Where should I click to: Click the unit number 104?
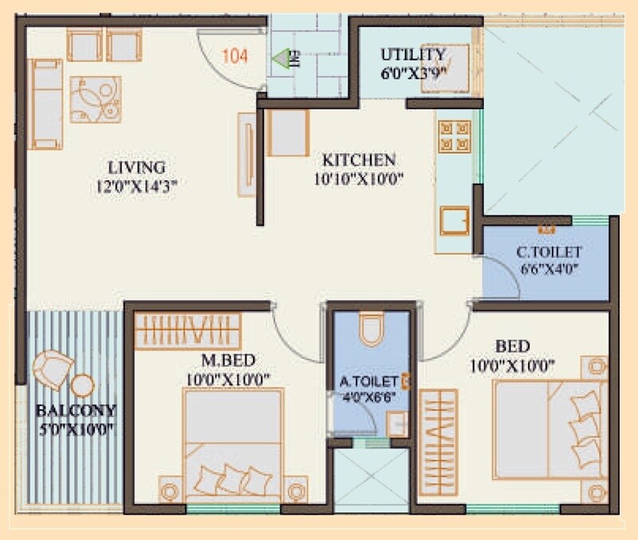click(x=234, y=56)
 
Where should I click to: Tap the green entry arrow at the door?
click(x=280, y=58)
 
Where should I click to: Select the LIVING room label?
click(x=136, y=168)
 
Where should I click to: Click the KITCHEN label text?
click(x=358, y=160)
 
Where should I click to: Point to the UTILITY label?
click(x=412, y=54)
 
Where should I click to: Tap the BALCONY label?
click(x=76, y=412)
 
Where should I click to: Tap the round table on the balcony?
click(x=82, y=386)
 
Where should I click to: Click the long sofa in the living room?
click(x=45, y=104)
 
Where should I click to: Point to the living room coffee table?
click(x=95, y=100)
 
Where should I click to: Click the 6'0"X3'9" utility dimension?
click(x=412, y=70)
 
